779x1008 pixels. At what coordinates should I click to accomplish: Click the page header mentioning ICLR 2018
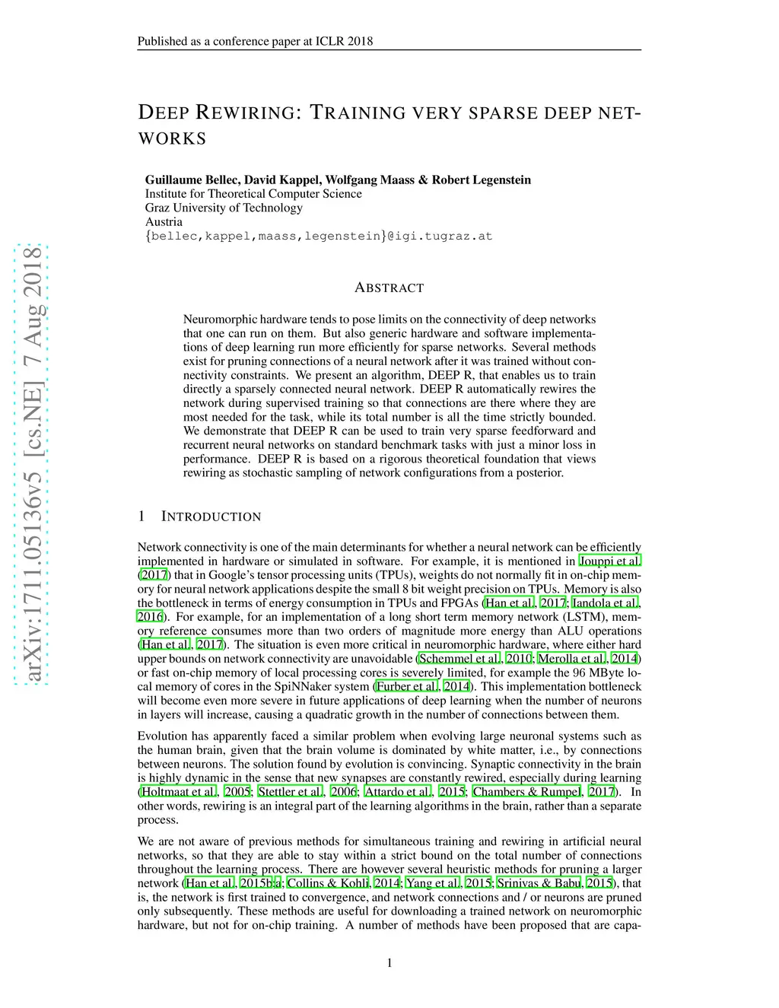(x=255, y=41)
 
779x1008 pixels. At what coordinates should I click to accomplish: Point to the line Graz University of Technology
(x=224, y=208)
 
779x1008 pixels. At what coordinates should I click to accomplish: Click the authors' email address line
(x=319, y=236)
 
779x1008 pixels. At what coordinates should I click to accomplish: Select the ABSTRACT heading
(x=389, y=288)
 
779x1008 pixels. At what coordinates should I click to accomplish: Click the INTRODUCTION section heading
(x=211, y=517)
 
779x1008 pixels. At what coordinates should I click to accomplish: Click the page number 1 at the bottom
(x=389, y=963)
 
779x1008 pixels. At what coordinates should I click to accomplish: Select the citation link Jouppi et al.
(x=609, y=561)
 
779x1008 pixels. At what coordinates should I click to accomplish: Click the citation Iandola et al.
(x=605, y=603)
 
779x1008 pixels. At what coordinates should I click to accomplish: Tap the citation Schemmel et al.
(x=459, y=659)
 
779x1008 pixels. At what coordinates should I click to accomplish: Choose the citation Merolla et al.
(x=571, y=659)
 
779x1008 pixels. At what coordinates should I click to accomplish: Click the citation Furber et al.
(x=407, y=686)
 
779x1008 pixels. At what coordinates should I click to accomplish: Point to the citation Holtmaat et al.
(x=179, y=791)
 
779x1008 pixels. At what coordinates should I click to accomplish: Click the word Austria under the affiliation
(x=164, y=221)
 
